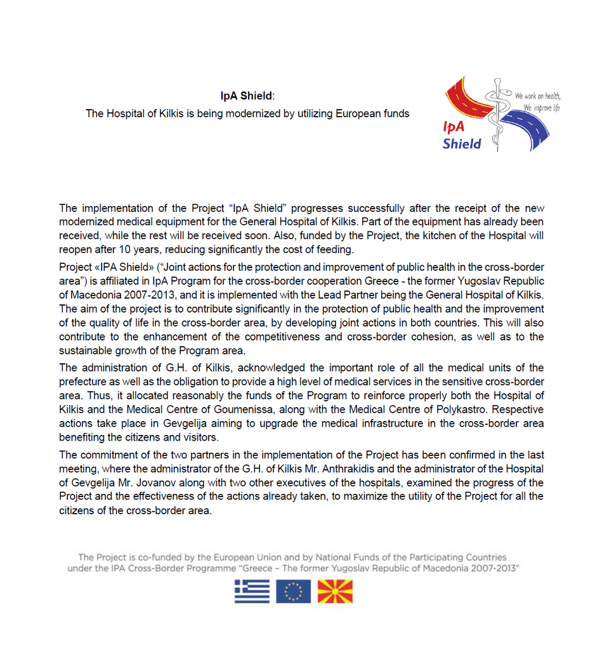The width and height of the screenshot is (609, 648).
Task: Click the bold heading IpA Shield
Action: pyautogui.click(x=246, y=96)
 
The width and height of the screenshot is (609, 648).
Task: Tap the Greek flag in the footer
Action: pyautogui.click(x=252, y=591)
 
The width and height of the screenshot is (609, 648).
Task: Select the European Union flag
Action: pyautogui.click(x=293, y=591)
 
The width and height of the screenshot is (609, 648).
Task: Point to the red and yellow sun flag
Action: pyautogui.click(x=334, y=591)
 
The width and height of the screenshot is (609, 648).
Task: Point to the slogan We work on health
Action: pyautogui.click(x=537, y=96)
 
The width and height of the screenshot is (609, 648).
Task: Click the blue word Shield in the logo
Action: pyautogui.click(x=462, y=143)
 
